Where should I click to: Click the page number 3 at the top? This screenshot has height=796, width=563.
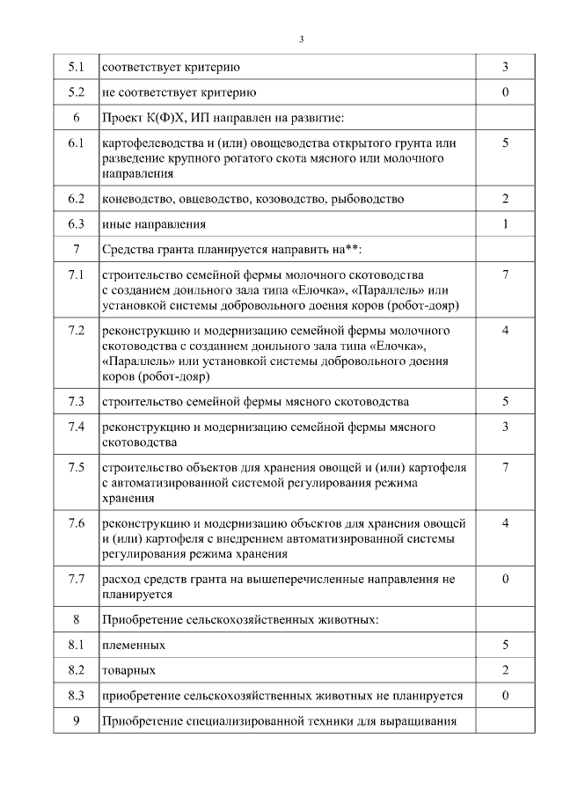click(301, 39)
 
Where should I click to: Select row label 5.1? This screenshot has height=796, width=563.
click(77, 67)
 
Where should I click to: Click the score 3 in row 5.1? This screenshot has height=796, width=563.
click(505, 67)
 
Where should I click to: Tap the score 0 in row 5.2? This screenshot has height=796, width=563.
click(505, 92)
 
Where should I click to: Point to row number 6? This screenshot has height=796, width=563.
click(77, 118)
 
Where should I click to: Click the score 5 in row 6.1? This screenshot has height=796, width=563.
click(505, 142)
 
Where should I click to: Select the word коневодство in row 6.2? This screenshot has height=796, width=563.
click(135, 200)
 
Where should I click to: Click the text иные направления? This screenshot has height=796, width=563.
click(155, 225)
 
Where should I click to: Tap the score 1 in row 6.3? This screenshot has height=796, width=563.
click(505, 224)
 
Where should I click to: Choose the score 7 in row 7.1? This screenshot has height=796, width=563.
click(505, 275)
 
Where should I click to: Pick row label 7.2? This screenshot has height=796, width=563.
click(77, 331)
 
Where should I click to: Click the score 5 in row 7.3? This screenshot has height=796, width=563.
click(505, 402)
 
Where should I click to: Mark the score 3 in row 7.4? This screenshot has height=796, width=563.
click(505, 427)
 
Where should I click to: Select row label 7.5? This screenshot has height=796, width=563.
click(77, 467)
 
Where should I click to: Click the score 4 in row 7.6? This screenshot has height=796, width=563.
click(505, 523)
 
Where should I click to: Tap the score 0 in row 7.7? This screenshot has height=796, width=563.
click(505, 580)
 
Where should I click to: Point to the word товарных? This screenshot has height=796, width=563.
click(129, 671)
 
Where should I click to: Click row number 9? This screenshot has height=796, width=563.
click(77, 722)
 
